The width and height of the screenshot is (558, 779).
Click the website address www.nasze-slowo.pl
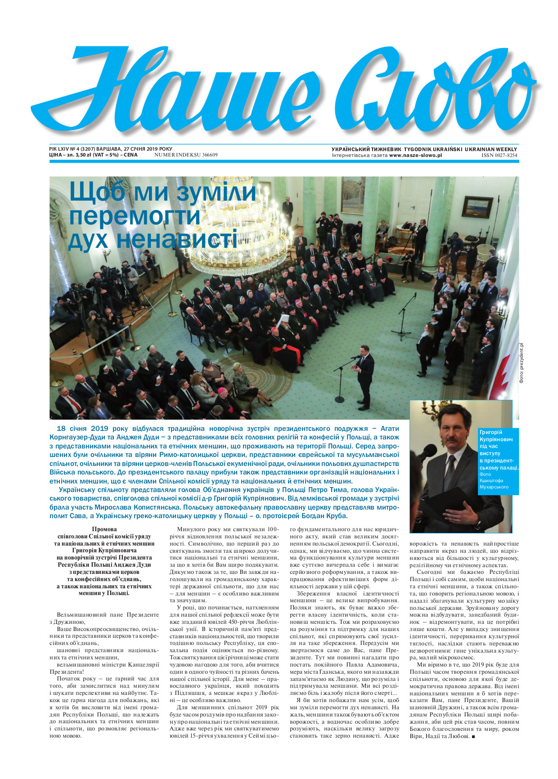tap(415, 155)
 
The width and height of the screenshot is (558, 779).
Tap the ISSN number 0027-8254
tap(499, 155)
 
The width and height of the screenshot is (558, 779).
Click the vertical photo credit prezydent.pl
tap(522, 363)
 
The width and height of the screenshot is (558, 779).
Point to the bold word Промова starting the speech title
tap(104, 529)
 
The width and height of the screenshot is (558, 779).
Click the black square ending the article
tap(473, 736)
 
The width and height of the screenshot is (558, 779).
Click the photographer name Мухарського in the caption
tap(494, 487)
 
